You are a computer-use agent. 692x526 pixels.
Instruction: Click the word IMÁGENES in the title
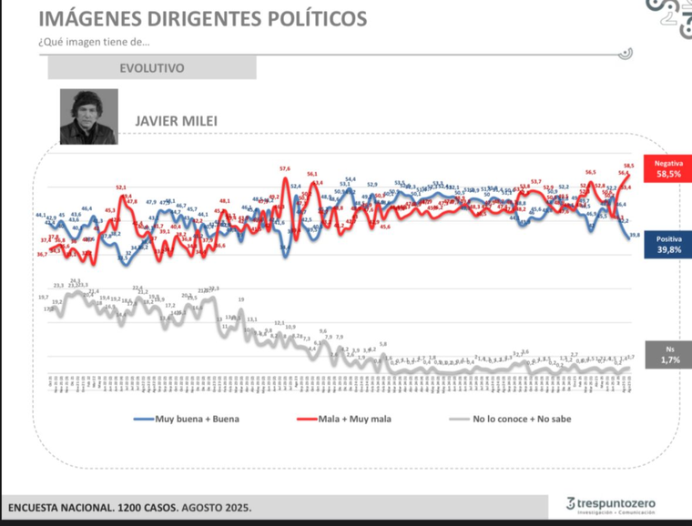click(92, 18)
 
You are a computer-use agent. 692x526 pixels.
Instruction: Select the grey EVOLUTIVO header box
click(152, 67)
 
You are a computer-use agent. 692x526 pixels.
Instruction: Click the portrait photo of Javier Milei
click(88, 116)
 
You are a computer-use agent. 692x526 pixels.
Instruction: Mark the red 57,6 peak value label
click(285, 168)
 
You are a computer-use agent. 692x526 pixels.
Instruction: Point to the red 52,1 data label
click(122, 187)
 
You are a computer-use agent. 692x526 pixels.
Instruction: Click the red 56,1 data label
click(312, 174)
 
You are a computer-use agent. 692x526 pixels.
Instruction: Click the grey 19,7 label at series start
click(43, 298)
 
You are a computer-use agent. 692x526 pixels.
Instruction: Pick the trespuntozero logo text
click(615, 502)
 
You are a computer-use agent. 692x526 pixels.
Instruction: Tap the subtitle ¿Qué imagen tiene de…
click(95, 41)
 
